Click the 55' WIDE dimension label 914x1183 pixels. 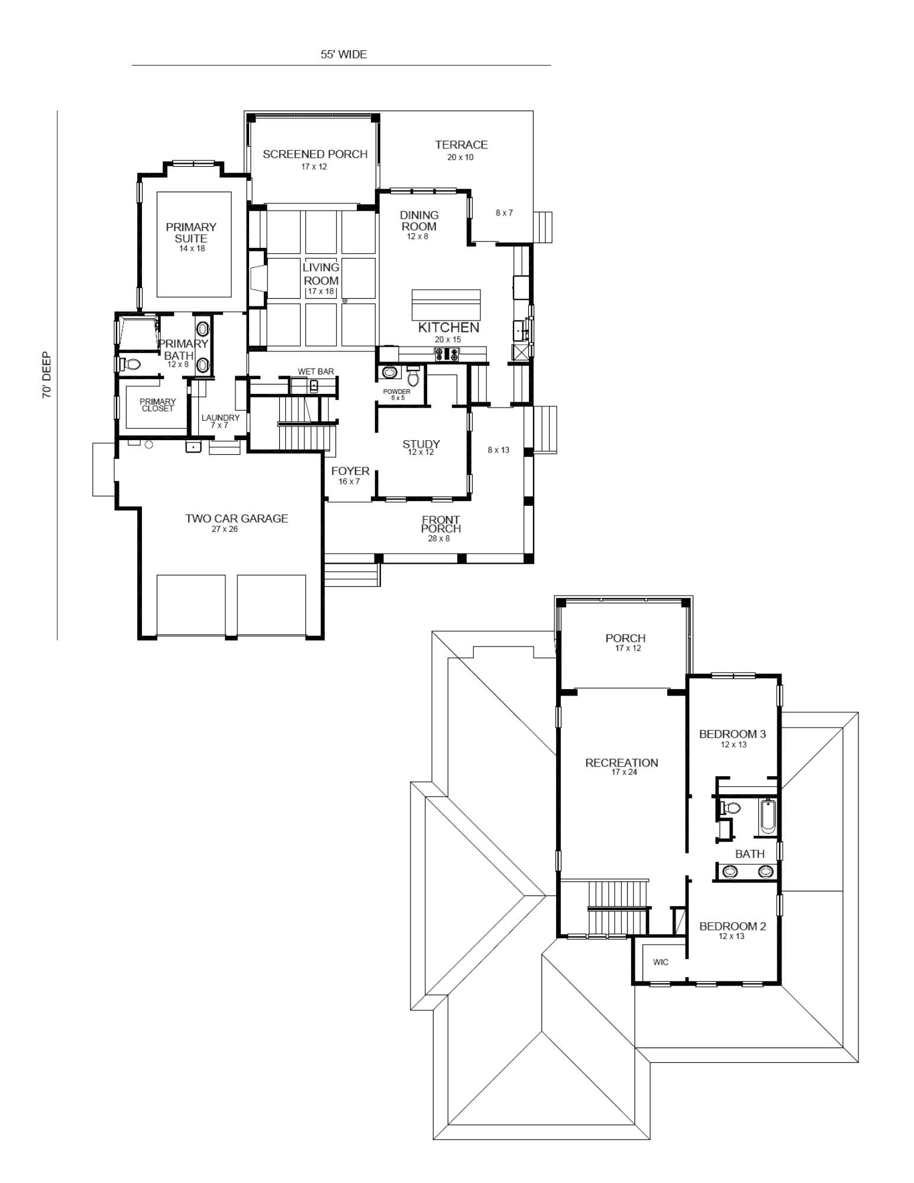(344, 54)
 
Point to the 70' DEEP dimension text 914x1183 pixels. (47, 376)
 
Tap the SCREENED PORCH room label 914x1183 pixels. (315, 154)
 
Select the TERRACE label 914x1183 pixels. (461, 144)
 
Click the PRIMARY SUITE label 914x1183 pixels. (191, 232)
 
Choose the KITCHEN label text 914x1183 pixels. (448, 327)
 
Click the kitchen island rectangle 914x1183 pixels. (446, 305)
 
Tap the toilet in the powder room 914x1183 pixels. (414, 375)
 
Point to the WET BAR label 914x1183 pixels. (315, 371)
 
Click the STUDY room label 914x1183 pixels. (421, 444)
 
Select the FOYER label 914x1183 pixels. (350, 471)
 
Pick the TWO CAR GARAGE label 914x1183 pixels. (237, 518)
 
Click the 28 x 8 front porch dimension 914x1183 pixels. (439, 539)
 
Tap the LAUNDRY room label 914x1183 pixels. (220, 418)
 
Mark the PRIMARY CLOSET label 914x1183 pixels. (157, 405)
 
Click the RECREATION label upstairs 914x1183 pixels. (622, 762)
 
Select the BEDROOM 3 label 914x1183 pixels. (732, 734)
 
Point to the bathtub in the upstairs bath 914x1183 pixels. (767, 817)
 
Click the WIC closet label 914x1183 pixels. (661, 962)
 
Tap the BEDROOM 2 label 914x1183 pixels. (732, 926)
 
